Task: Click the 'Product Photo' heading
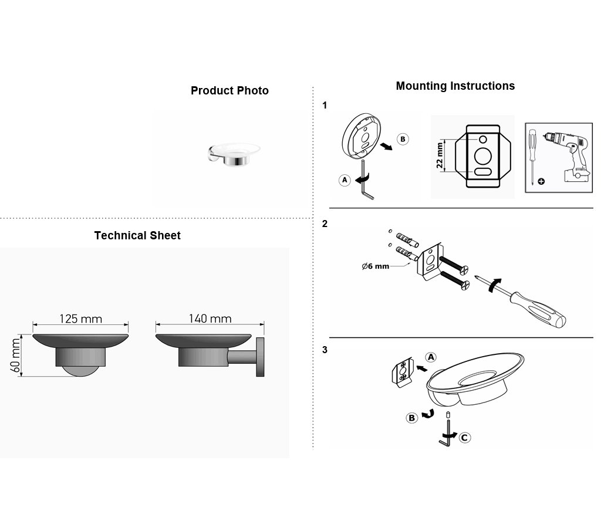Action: coord(229,91)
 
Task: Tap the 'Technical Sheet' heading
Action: coord(137,235)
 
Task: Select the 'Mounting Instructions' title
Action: coord(455,86)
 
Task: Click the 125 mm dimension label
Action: coord(81,319)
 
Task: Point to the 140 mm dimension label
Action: coord(210,319)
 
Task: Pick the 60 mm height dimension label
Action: coord(15,355)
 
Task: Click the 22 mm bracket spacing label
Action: coord(440,155)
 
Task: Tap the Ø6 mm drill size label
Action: coord(376,266)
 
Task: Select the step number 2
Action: coord(325,224)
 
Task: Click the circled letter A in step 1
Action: coord(345,180)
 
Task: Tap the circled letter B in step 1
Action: coord(403,139)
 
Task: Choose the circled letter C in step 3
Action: coord(465,438)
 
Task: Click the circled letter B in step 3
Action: coord(411,418)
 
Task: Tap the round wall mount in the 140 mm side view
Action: coord(260,357)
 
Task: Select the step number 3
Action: coord(325,350)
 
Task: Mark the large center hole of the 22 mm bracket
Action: coord(483,156)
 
